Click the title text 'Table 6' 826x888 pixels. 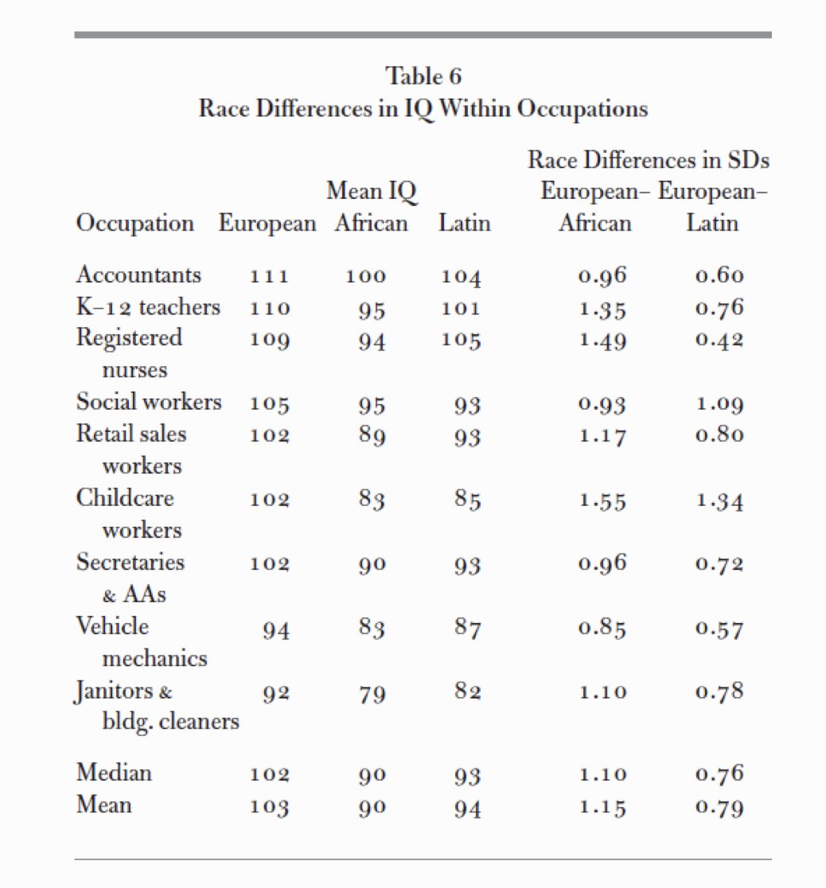(x=423, y=76)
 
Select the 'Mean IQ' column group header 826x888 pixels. (x=372, y=191)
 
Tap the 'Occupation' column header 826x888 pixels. (x=134, y=223)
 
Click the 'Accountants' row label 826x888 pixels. (x=138, y=275)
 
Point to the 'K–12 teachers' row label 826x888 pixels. (x=148, y=307)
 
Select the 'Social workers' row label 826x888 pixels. (x=149, y=403)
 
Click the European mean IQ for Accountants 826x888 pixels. (x=269, y=277)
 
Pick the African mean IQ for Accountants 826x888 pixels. (x=365, y=277)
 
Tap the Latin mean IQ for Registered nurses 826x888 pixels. (x=462, y=341)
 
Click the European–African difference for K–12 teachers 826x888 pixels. (x=603, y=309)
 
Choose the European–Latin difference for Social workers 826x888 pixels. (x=719, y=404)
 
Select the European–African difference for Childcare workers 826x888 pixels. (x=603, y=501)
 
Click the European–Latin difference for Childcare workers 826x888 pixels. (x=719, y=501)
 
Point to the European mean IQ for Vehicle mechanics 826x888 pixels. (x=275, y=630)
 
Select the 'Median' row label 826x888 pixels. (x=114, y=773)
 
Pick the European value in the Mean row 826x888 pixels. (x=269, y=807)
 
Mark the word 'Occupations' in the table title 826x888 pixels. (x=582, y=108)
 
